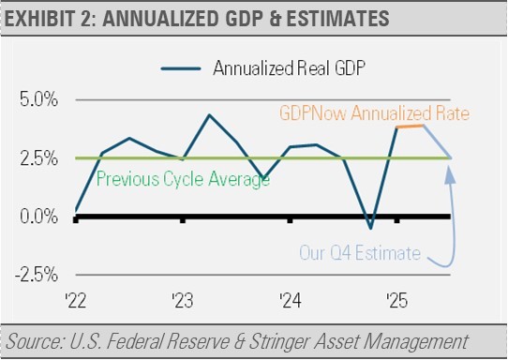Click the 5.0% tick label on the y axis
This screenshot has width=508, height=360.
[38, 99]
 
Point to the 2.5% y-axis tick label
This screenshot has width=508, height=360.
[38, 158]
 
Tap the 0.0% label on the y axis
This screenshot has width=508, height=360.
[38, 217]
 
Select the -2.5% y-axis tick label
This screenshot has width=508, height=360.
[37, 275]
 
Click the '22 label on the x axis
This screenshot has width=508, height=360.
[76, 301]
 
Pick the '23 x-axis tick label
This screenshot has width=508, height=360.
[183, 301]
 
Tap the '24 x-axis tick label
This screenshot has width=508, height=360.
[291, 301]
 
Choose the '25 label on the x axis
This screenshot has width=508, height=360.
[396, 301]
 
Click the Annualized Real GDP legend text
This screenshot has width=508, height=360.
[289, 68]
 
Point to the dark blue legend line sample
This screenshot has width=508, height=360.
[181, 68]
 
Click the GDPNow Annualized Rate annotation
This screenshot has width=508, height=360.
[374, 113]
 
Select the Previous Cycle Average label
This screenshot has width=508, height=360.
[183, 179]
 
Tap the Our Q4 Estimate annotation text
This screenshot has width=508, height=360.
[360, 253]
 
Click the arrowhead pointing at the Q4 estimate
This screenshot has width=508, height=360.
[449, 174]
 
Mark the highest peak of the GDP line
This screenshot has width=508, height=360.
[209, 114]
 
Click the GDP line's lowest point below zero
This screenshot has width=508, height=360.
[370, 229]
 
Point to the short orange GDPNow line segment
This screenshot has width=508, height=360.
[411, 126]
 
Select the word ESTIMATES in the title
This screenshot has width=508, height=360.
[337, 18]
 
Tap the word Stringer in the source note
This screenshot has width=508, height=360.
[279, 342]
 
